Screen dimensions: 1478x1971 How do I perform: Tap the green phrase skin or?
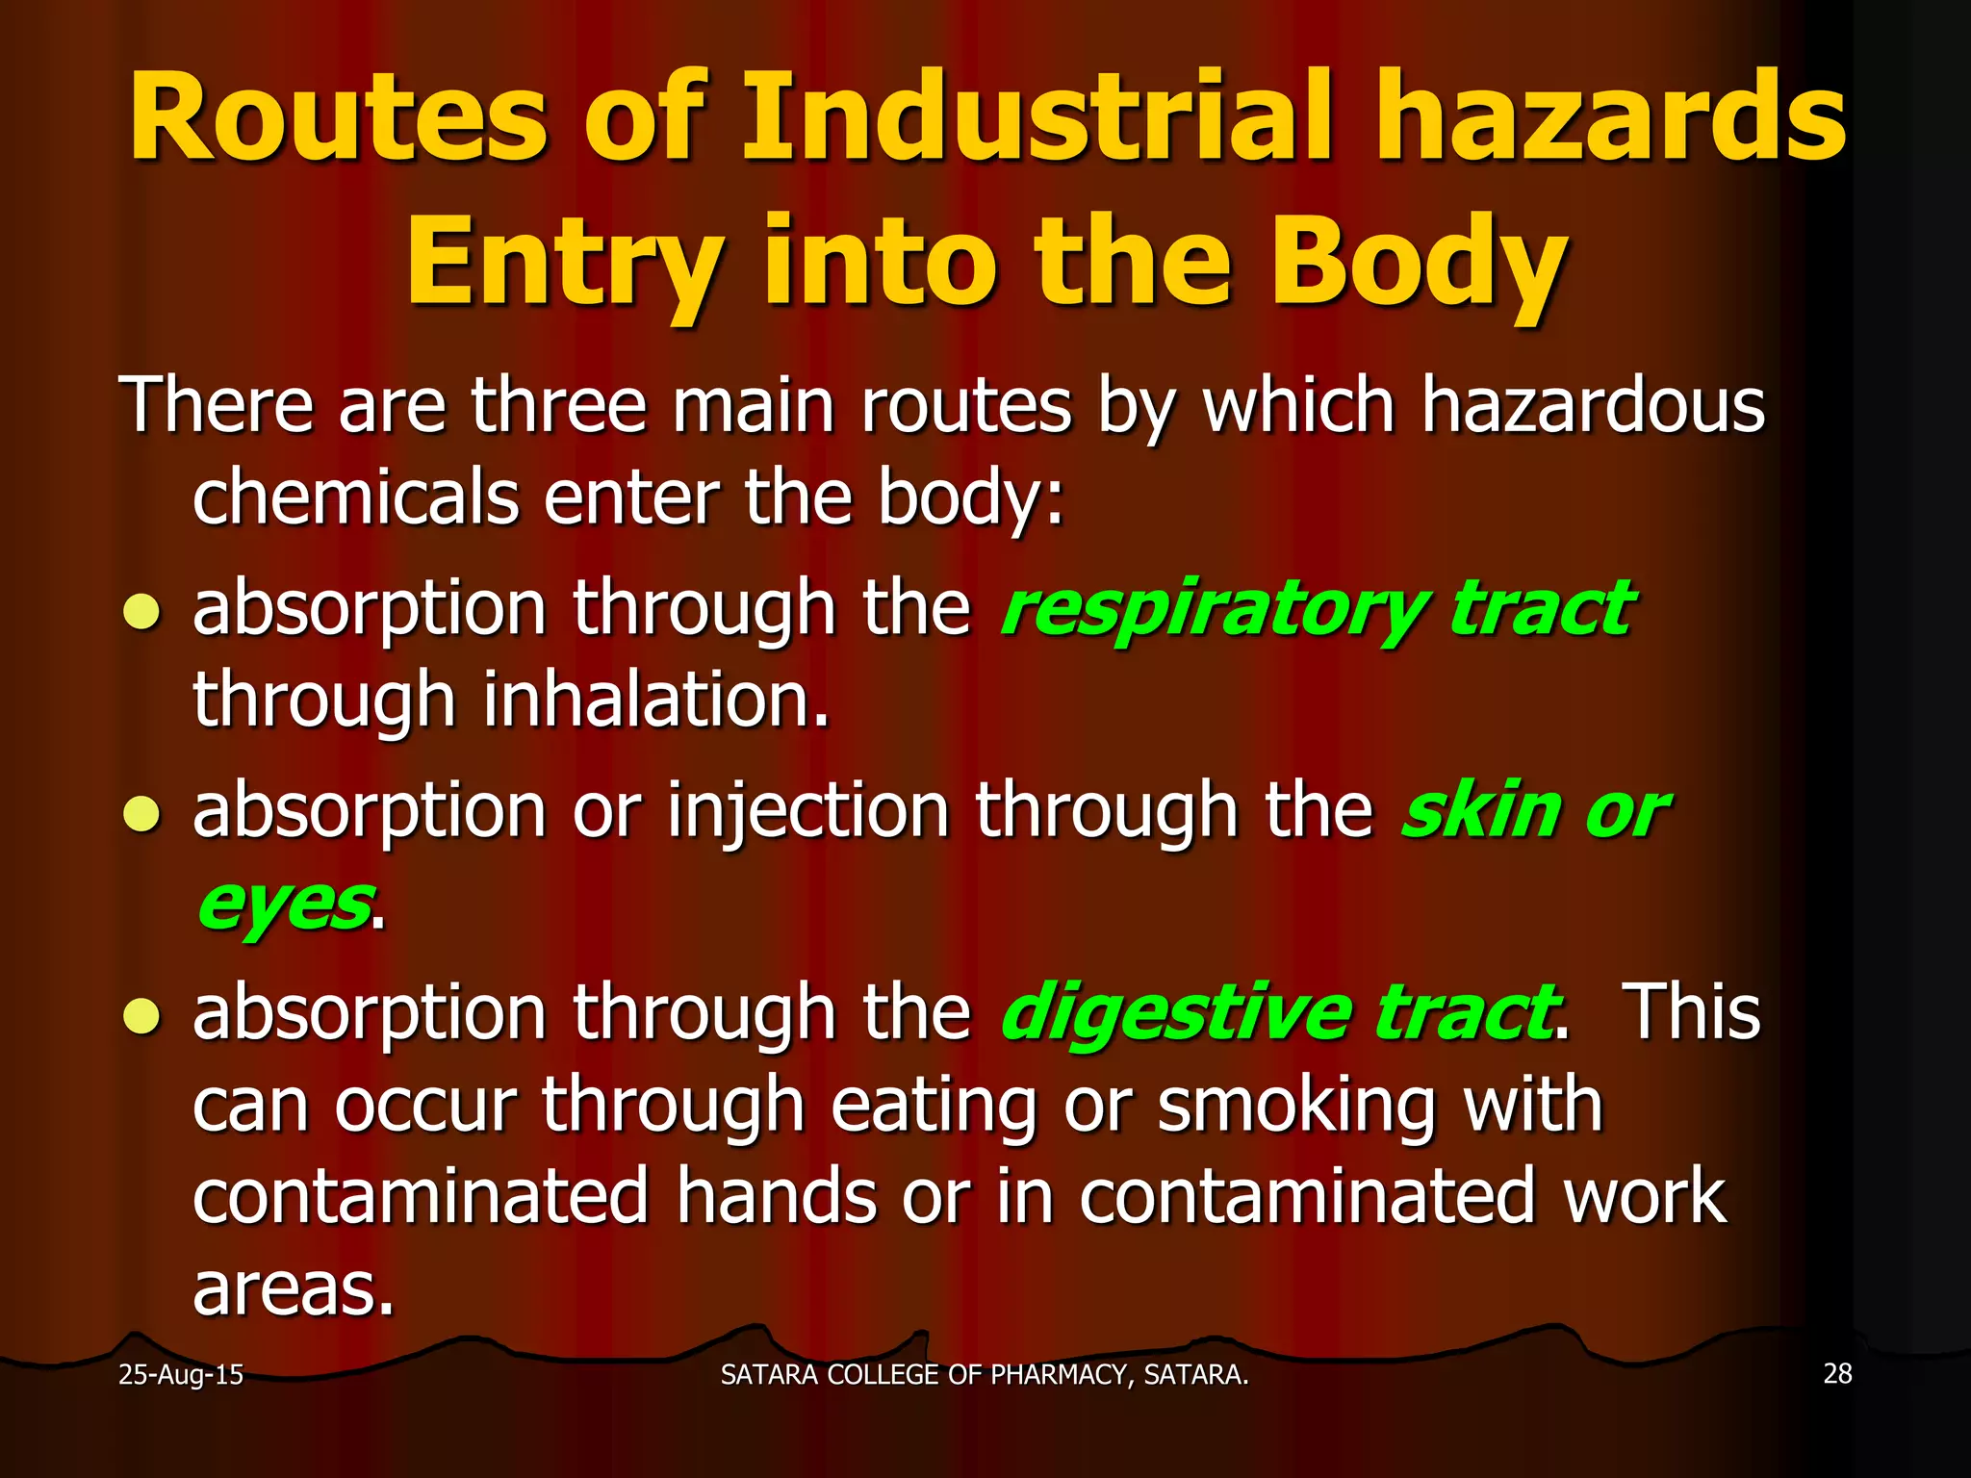tap(1533, 811)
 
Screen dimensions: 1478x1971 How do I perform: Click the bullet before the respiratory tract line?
tap(141, 612)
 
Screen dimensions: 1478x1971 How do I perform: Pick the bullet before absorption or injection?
tap(141, 814)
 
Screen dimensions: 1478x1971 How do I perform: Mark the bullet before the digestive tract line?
tap(141, 1016)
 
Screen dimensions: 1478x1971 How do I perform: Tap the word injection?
tap(808, 811)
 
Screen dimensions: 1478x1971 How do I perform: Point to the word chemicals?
tap(355, 497)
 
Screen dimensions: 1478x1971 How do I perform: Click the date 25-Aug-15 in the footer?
tap(181, 1374)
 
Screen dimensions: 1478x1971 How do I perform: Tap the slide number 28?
tap(1837, 1373)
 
